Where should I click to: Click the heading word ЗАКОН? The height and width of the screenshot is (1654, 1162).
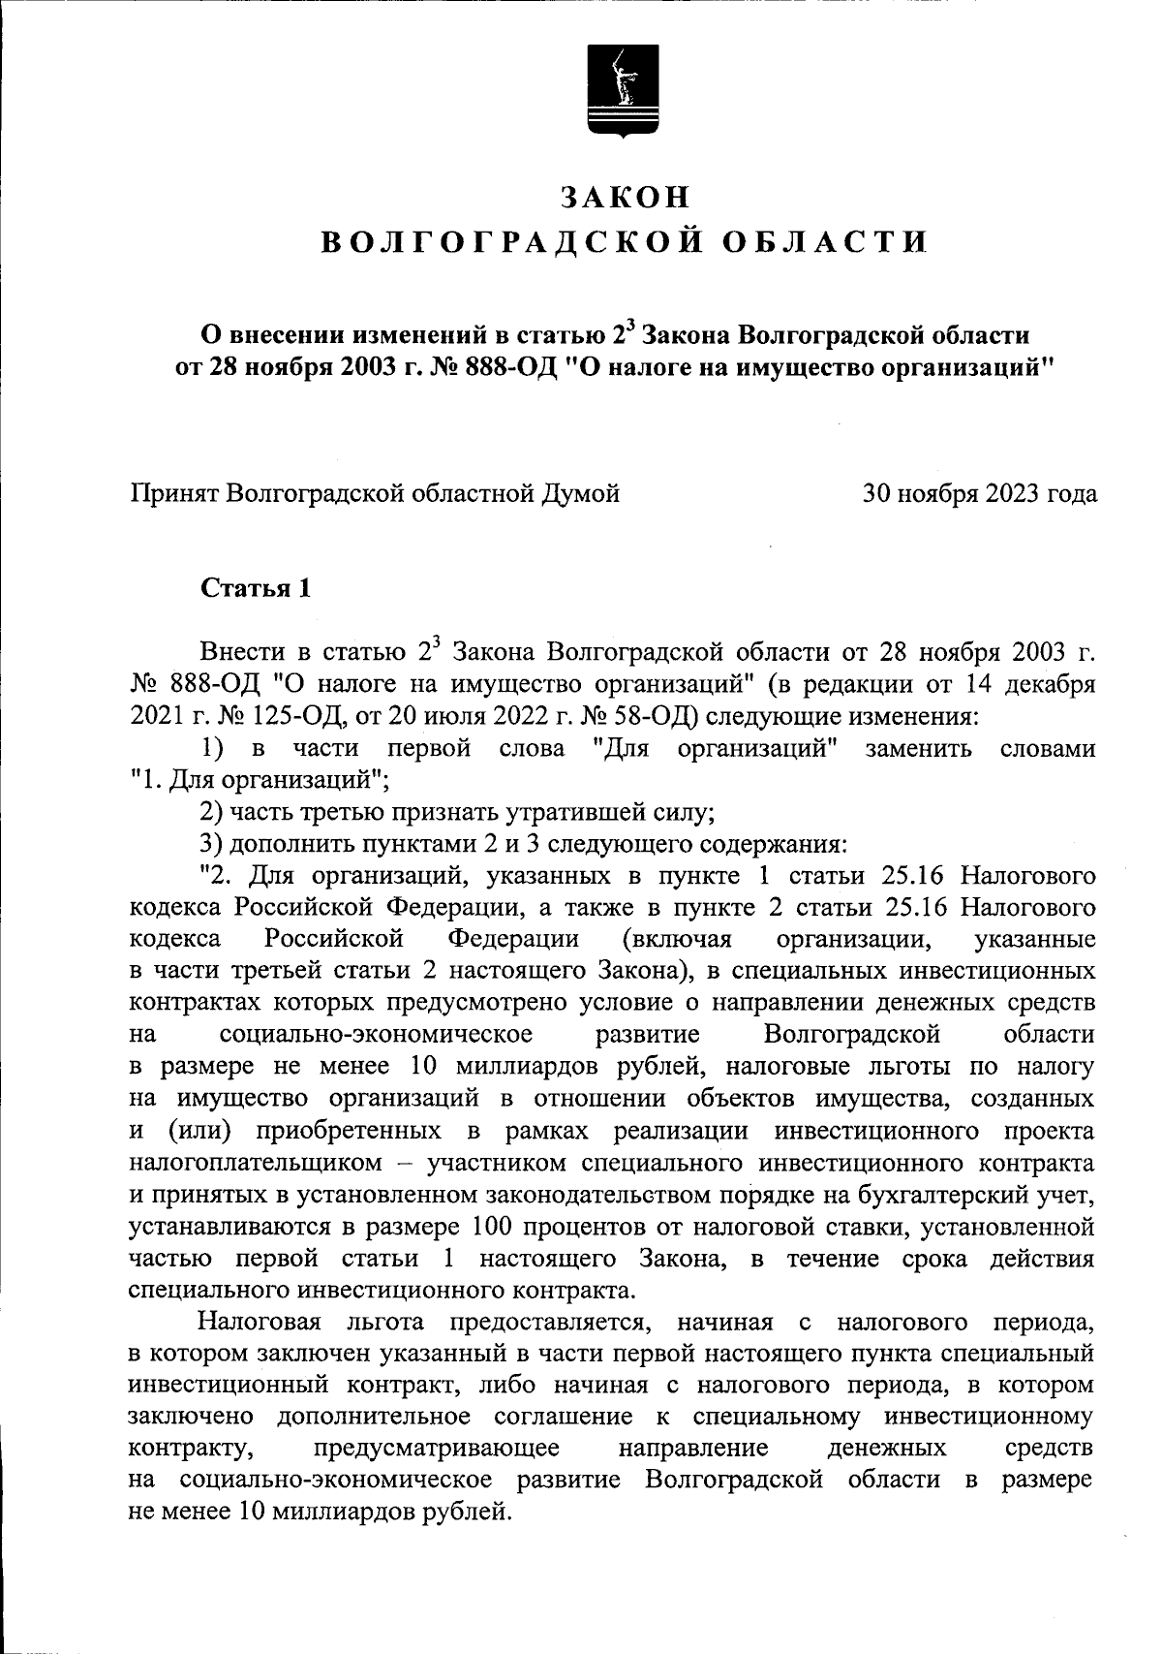[626, 197]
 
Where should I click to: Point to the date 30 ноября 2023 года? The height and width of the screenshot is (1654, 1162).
[980, 494]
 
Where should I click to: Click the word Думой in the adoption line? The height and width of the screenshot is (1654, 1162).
[580, 494]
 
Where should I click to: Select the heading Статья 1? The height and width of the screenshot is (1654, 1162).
[256, 588]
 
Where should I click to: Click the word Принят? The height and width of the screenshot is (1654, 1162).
[172, 494]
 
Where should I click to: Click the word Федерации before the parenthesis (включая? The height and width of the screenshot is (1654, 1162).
[512, 939]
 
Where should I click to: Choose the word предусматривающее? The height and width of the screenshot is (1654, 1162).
[437, 1448]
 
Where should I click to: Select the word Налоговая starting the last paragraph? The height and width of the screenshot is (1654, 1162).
[259, 1321]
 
